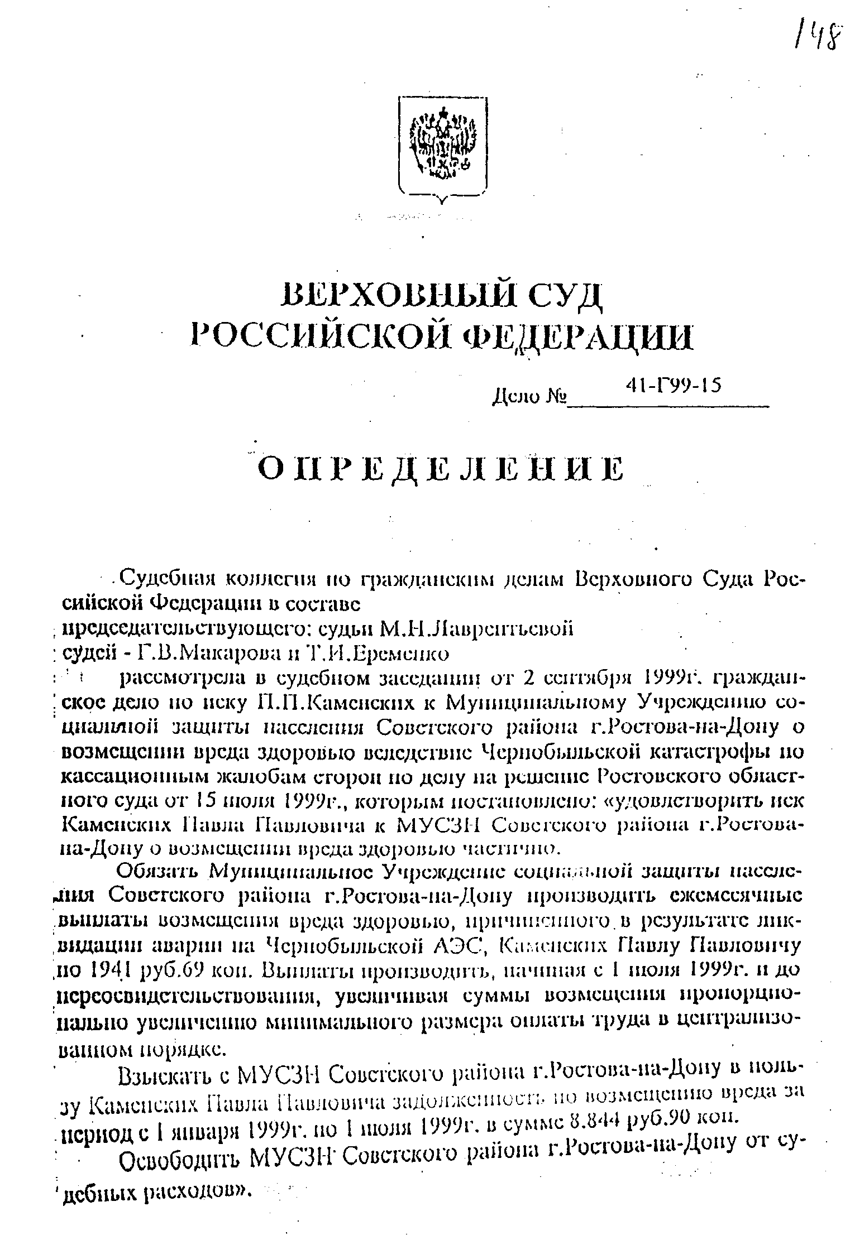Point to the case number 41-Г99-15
coord(674,385)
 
